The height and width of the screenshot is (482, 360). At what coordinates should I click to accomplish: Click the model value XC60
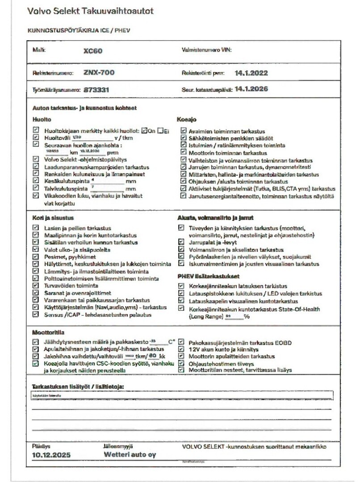tap(93, 51)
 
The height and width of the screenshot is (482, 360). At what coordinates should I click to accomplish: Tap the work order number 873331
tap(96, 90)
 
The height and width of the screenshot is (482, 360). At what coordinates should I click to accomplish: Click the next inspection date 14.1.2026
tap(251, 89)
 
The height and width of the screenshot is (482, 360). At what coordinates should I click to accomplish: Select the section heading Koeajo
tap(186, 120)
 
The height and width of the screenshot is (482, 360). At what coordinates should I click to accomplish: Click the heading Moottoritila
tap(47, 332)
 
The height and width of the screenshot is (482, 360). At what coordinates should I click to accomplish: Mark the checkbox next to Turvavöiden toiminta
tap(36, 285)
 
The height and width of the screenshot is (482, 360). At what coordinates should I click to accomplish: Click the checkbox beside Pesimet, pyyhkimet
tap(36, 257)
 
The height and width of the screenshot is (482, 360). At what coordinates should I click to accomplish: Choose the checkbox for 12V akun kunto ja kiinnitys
tap(181, 349)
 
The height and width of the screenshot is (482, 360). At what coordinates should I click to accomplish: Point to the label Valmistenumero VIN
tap(206, 50)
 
